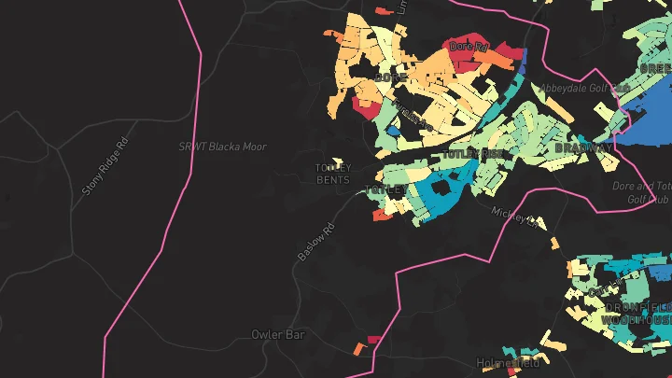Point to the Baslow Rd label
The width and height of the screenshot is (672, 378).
pyautogui.click(x=315, y=242)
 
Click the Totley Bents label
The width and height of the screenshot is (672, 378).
pyautogui.click(x=333, y=174)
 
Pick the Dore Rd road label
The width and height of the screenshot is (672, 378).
pyautogui.click(x=469, y=45)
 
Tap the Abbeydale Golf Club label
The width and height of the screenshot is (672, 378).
pyautogui.click(x=585, y=89)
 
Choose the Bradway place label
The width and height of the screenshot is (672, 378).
pyautogui.click(x=584, y=148)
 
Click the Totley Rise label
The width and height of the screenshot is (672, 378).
pyautogui.click(x=474, y=153)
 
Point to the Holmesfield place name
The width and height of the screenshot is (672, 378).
pyautogui.click(x=509, y=363)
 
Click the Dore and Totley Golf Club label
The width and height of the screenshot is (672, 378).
pyautogui.click(x=642, y=192)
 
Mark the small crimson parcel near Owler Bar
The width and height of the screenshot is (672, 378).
pyautogui.click(x=374, y=340)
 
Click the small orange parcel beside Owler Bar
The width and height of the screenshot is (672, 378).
pyautogui.click(x=358, y=349)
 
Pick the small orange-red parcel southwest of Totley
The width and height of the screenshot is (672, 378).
pyautogui.click(x=382, y=215)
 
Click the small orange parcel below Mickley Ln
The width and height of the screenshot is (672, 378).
pyautogui.click(x=554, y=245)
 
